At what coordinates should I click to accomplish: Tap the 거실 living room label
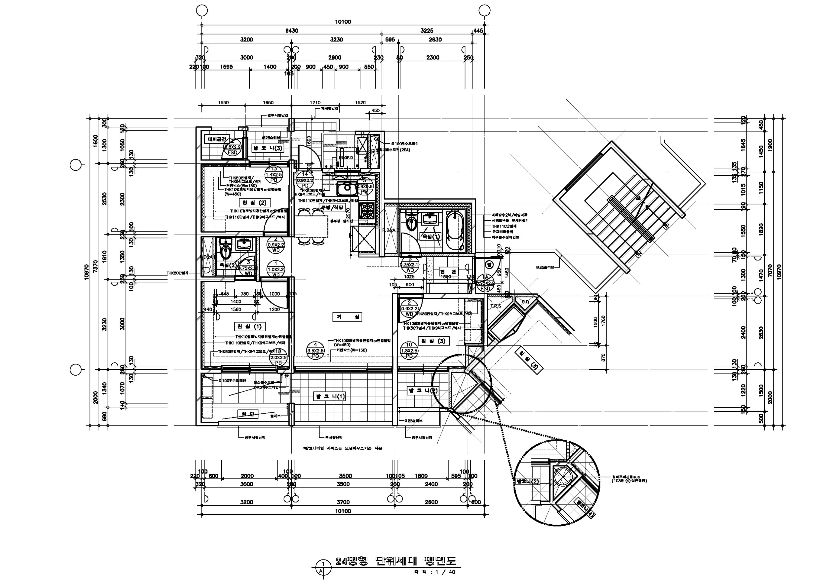347,317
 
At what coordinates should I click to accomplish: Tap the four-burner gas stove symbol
367,210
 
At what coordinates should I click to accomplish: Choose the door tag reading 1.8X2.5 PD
409,350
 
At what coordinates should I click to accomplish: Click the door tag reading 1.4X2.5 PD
274,175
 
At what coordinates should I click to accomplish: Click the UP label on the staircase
666,226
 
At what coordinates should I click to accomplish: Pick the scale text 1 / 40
445,572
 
